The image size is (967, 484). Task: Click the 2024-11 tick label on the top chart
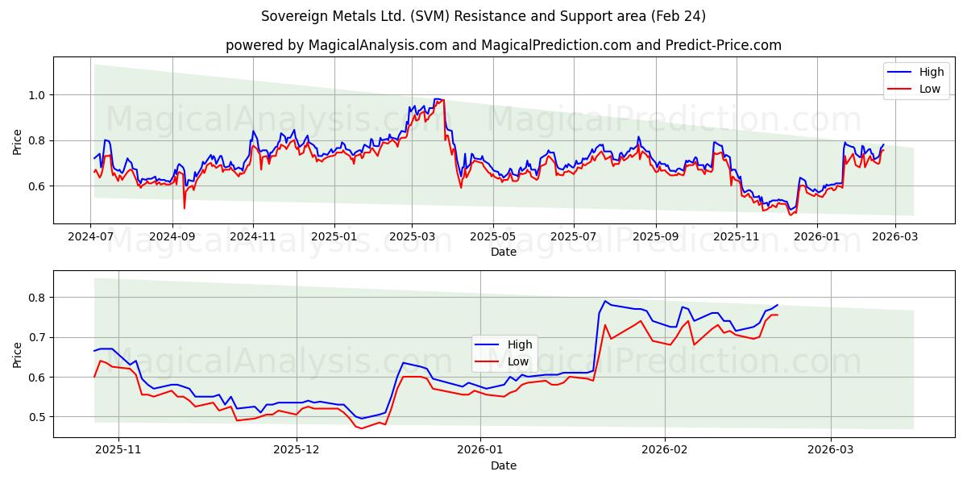(x=253, y=237)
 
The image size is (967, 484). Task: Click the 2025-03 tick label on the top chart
(x=412, y=237)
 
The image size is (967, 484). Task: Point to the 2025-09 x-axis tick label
(x=655, y=237)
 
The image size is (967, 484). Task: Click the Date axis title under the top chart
(x=504, y=252)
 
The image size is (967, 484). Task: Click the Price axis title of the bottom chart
(x=18, y=354)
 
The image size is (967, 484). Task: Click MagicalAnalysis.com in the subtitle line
(x=377, y=45)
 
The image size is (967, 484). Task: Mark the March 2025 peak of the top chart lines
(x=440, y=99)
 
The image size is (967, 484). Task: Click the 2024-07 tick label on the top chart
(x=90, y=237)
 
